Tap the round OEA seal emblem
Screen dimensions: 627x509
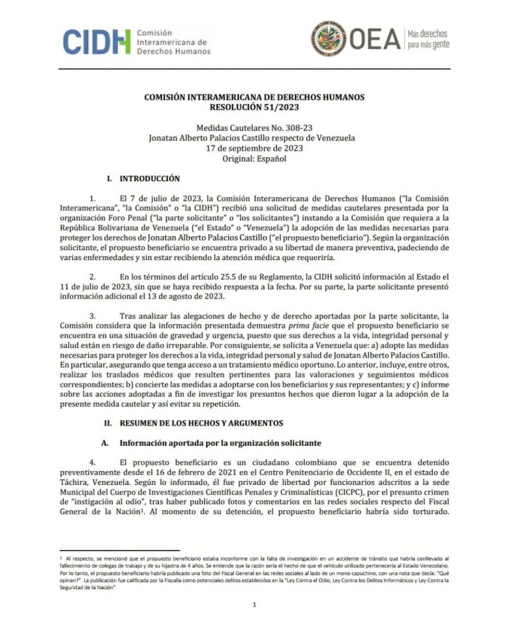click(x=329, y=39)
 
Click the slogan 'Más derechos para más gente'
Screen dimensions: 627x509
click(x=427, y=39)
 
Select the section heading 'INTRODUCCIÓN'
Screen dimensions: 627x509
click(x=149, y=178)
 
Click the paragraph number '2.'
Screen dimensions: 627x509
click(x=93, y=275)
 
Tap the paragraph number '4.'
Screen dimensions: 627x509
click(x=93, y=461)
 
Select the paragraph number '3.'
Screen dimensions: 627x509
click(x=93, y=315)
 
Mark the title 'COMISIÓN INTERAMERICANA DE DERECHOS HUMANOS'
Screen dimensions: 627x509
click(x=254, y=96)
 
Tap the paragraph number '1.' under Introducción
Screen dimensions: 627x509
click(x=93, y=198)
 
